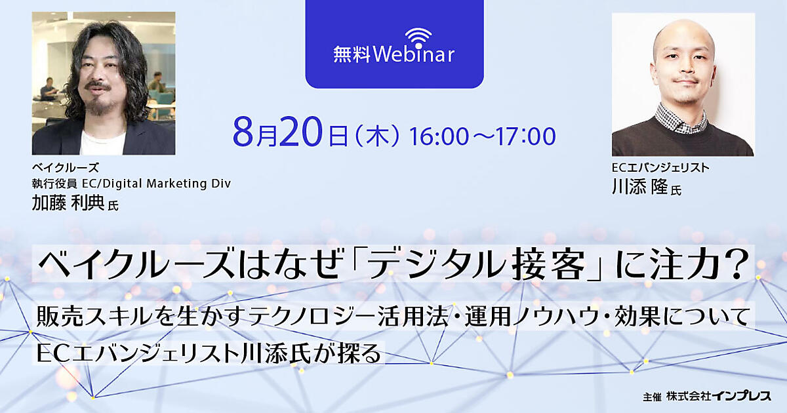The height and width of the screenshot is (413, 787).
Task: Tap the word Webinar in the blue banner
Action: (414, 55)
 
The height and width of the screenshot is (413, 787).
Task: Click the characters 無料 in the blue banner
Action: (352, 55)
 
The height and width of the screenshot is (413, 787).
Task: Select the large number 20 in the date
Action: (301, 131)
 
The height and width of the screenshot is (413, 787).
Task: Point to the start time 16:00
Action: (439, 136)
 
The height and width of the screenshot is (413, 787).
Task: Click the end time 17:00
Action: (526, 136)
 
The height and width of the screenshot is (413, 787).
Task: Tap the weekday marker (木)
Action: (378, 136)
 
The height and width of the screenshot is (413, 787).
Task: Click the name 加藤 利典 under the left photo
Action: (68, 203)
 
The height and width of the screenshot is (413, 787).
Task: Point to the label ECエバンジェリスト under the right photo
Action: (660, 168)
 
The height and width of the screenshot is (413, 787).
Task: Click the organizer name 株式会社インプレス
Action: (719, 396)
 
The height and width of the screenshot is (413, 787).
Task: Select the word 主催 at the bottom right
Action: (652, 397)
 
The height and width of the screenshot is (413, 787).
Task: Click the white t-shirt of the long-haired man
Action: (102, 142)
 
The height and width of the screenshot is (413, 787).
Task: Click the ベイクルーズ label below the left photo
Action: (66, 168)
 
